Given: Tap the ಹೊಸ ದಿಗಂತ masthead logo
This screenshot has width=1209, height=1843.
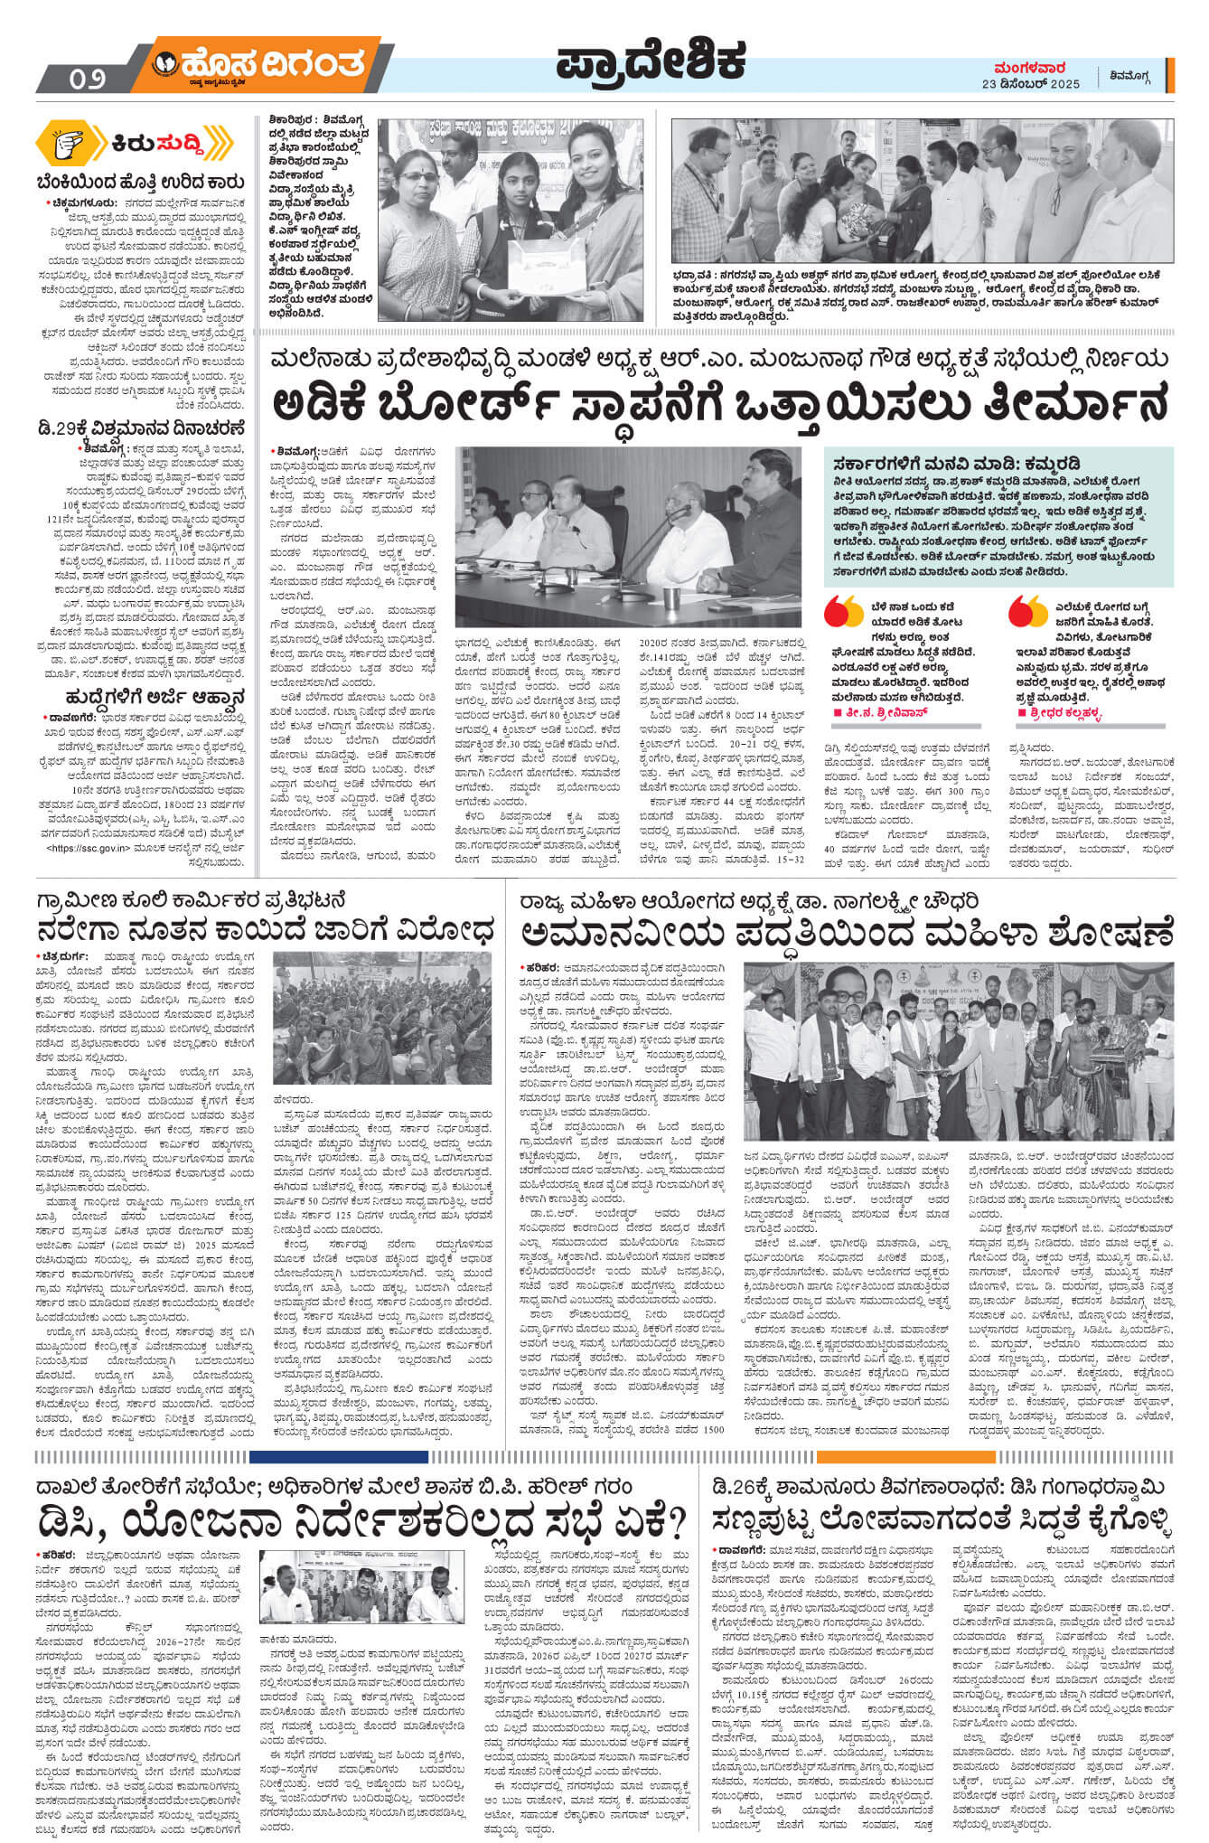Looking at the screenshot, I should click(262, 65).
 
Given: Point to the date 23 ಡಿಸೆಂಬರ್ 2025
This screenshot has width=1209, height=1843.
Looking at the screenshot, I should click(1030, 84).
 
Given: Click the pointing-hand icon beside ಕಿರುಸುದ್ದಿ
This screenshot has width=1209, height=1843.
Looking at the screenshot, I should click(78, 144).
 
